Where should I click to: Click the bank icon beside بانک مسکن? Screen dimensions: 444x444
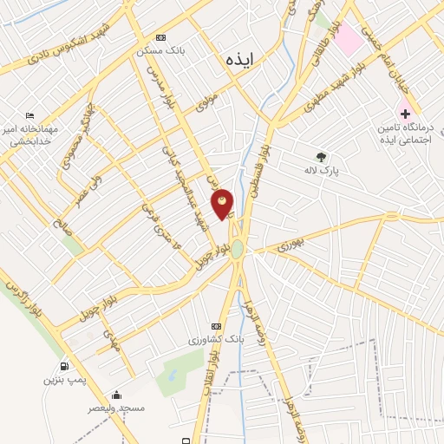[160, 38]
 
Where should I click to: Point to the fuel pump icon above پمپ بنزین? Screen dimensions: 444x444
[65, 366]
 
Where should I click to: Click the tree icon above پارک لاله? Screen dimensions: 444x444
[322, 158]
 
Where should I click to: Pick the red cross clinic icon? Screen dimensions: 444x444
[405, 113]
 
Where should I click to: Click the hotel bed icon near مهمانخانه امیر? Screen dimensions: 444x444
[29, 116]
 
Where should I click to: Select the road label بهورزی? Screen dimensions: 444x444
[292, 245]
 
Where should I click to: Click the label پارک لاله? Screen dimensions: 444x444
[320, 172]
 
